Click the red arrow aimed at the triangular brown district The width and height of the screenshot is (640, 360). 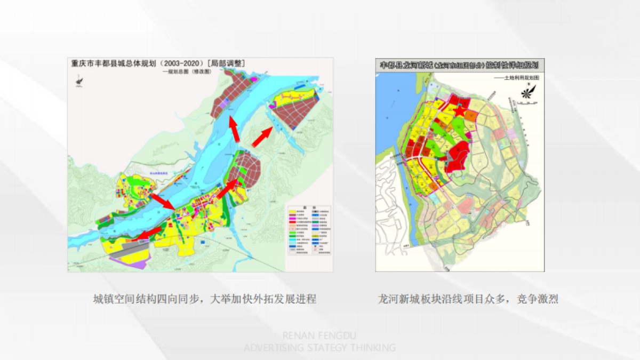[261, 137]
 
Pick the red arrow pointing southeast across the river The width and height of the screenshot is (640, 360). [163, 202]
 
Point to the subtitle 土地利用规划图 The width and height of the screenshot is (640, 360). [517, 77]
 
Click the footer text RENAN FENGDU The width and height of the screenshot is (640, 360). [319, 335]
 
